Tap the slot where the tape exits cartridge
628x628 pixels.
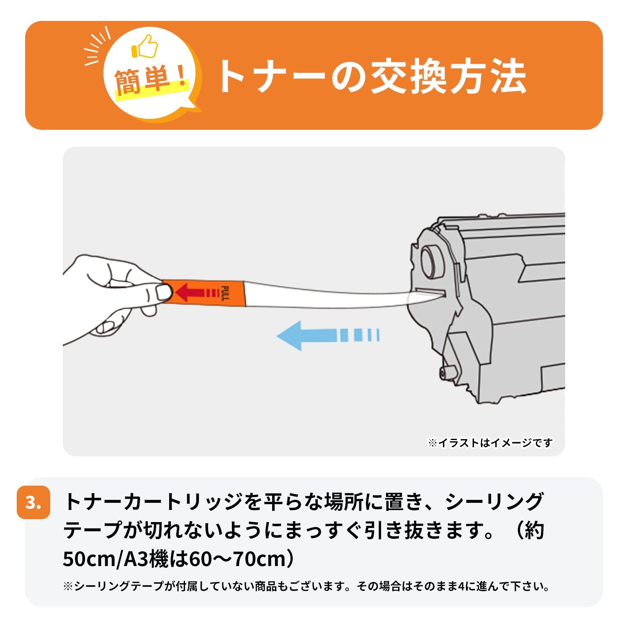[429, 293]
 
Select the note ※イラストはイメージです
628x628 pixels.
[490, 443]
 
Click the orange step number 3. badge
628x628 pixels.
[33, 502]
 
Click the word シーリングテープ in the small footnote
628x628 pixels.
[119, 586]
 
